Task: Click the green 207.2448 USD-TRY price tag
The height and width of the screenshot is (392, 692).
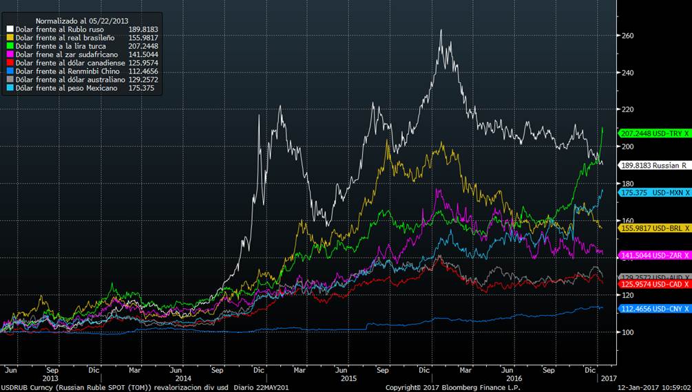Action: click(x=654, y=133)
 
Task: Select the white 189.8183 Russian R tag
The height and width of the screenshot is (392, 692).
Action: click(x=654, y=165)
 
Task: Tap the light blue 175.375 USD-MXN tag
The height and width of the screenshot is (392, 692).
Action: click(x=654, y=193)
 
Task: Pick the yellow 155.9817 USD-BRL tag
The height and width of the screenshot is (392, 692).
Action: click(x=654, y=227)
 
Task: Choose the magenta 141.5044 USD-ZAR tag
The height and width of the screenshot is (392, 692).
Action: click(x=654, y=254)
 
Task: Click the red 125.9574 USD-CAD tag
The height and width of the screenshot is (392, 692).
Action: click(x=654, y=284)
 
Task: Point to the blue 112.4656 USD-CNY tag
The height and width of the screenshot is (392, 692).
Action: click(x=654, y=309)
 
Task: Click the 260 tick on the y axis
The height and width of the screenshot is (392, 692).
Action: click(x=629, y=36)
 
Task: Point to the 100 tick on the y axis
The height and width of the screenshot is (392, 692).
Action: click(x=629, y=332)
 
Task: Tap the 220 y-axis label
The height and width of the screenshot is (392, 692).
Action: click(x=629, y=110)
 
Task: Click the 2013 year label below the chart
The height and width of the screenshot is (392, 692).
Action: click(x=50, y=378)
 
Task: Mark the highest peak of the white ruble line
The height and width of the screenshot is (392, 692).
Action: click(x=441, y=30)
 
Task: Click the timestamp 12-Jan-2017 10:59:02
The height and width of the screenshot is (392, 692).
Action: click(x=649, y=387)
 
